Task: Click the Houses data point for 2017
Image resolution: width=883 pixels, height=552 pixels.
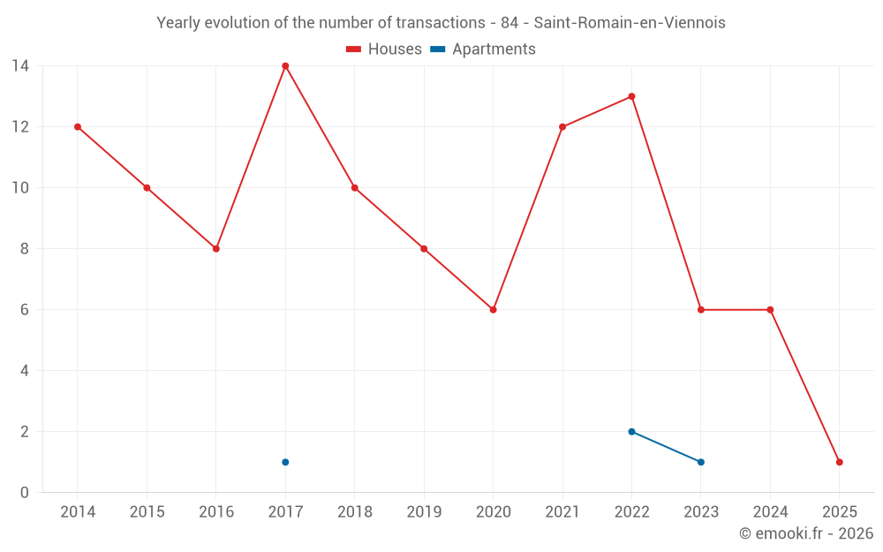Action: click(285, 66)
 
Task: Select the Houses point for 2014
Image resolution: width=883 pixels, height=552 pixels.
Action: click(78, 127)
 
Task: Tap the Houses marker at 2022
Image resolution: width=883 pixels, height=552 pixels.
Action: click(631, 96)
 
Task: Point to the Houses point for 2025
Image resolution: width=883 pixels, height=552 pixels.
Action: click(839, 462)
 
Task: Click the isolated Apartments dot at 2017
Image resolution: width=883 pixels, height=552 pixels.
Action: click(285, 462)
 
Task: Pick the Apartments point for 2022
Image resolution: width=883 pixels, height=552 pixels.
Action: click(631, 432)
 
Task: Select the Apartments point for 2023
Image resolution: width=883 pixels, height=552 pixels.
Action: click(701, 462)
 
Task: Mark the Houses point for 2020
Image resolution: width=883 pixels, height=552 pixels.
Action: click(493, 310)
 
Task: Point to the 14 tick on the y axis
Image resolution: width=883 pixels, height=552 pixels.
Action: click(19, 66)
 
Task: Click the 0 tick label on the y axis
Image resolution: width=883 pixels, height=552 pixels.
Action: click(24, 493)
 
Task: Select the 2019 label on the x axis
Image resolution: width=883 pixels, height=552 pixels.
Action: click(424, 512)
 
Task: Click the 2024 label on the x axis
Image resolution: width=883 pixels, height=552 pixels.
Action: click(770, 512)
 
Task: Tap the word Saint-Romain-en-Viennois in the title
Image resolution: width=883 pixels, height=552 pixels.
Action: click(630, 23)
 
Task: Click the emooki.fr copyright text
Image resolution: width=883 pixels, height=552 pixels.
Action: click(805, 533)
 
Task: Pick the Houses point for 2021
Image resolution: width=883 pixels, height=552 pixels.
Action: click(562, 127)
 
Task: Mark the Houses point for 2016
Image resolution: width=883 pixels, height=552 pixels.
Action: click(215, 249)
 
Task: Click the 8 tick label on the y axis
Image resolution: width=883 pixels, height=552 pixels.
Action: click(24, 249)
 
